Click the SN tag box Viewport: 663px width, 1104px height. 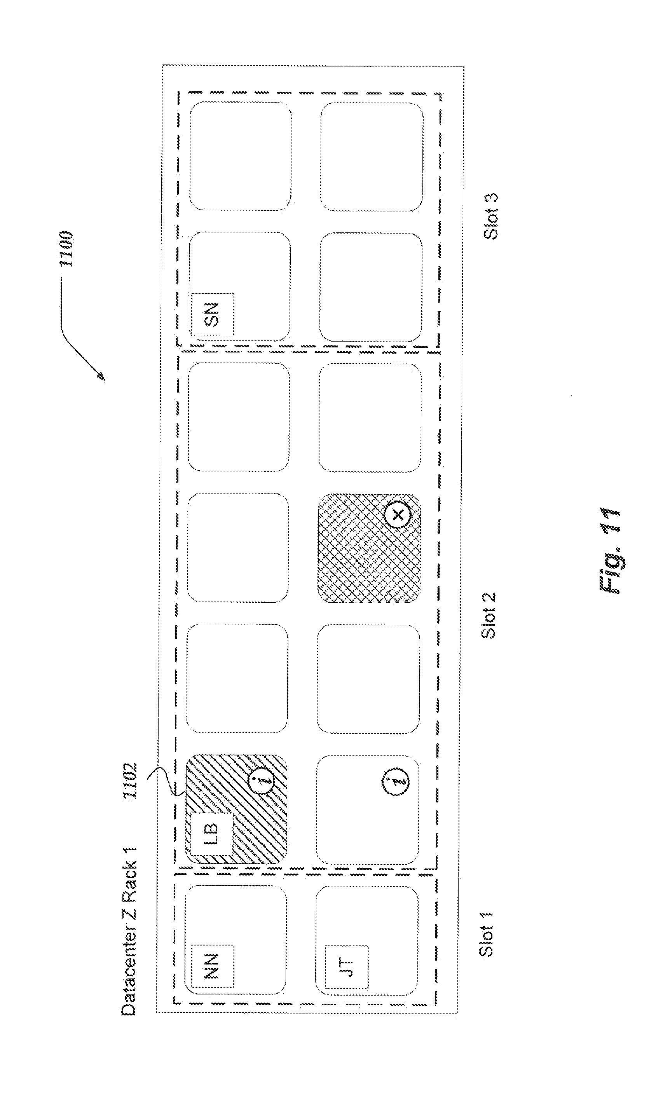[213, 314]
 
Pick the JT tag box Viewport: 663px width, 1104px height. [347, 967]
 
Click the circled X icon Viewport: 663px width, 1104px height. [397, 515]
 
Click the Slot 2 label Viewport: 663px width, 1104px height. [489, 616]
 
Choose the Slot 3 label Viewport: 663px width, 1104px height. [491, 216]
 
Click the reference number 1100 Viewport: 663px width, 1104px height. [66, 249]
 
